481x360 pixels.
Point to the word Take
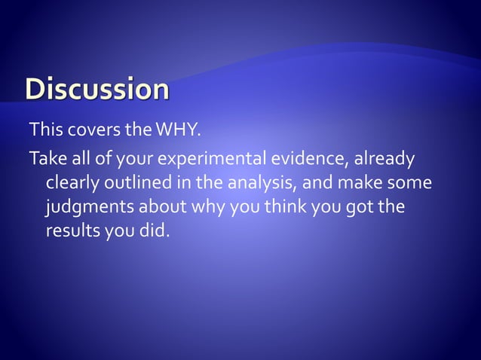[46, 159]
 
